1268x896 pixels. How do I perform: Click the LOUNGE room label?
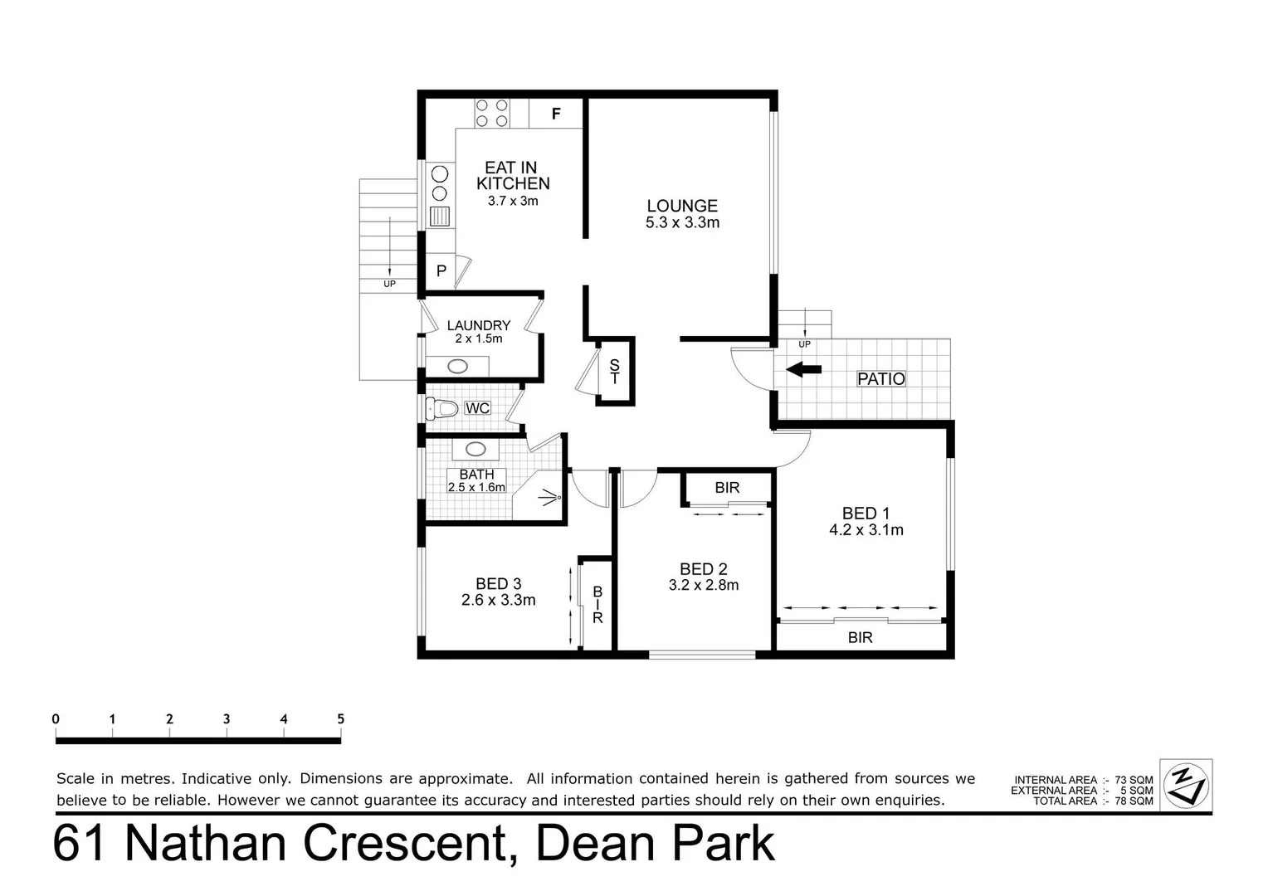(682, 206)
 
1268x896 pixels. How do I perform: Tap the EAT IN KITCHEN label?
(512, 176)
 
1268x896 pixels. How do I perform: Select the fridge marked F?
(556, 114)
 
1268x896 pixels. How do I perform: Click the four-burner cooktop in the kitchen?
(492, 113)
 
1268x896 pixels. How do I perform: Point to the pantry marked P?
(441, 271)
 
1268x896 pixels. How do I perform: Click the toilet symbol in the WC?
(442, 408)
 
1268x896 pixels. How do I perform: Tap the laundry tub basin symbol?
(457, 366)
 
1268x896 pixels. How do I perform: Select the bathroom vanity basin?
(475, 449)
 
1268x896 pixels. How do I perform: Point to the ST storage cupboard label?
(615, 372)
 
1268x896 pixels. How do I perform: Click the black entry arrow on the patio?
(803, 369)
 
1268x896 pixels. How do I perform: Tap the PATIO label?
(880, 379)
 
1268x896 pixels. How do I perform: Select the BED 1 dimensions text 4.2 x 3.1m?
(866, 530)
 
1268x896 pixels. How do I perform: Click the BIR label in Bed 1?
(860, 637)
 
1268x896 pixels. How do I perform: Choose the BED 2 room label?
(703, 569)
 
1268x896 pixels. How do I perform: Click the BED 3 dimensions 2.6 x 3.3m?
(498, 600)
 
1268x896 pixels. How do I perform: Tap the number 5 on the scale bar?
(340, 719)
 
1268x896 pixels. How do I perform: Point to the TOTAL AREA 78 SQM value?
(1134, 801)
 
